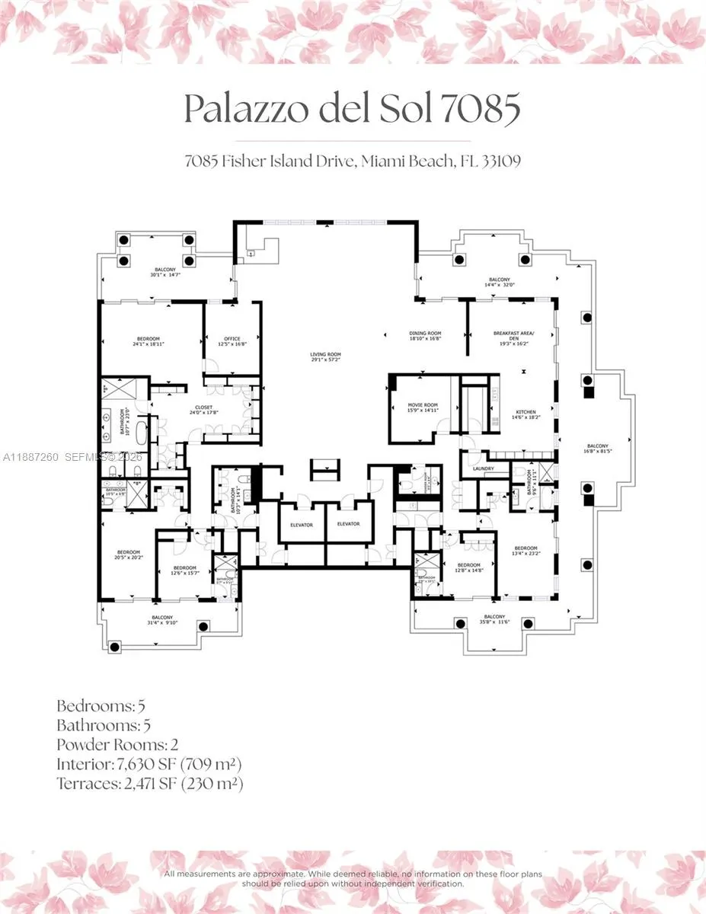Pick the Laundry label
484,468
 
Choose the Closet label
203,409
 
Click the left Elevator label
302,525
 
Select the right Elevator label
348,525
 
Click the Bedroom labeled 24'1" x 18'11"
149,340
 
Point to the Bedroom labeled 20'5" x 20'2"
129,554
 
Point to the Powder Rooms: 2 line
118,743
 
